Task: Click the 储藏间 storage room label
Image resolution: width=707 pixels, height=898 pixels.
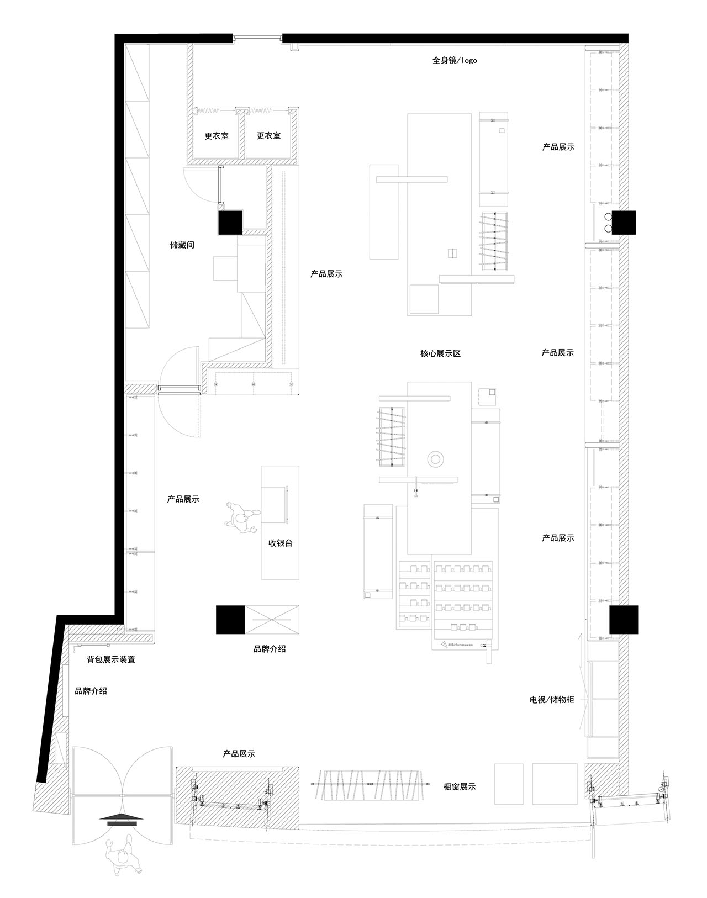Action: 182,245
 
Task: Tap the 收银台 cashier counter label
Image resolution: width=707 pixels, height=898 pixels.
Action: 280,543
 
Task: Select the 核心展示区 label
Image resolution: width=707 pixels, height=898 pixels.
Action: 440,353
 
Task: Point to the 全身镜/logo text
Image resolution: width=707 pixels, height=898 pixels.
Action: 455,60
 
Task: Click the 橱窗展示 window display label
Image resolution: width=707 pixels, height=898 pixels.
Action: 459,786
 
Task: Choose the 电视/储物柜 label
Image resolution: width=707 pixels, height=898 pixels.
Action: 552,711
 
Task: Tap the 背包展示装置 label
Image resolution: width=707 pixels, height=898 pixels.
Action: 111,659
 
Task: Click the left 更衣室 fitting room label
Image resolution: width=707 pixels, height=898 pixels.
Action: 216,136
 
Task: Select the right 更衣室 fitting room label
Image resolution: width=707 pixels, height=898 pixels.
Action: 268,136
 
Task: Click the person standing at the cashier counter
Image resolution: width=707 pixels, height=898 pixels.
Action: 242,518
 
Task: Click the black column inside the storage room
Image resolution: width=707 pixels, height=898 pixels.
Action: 230,223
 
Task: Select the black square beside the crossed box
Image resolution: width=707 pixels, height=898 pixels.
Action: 230,620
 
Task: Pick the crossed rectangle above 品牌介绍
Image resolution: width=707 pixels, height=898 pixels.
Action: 272,620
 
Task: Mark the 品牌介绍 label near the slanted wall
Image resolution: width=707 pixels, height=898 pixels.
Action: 91,690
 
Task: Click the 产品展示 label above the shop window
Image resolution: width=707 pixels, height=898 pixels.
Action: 239,754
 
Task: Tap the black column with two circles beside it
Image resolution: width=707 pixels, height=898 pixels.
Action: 624,223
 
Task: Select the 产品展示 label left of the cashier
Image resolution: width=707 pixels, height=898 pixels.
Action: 183,499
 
